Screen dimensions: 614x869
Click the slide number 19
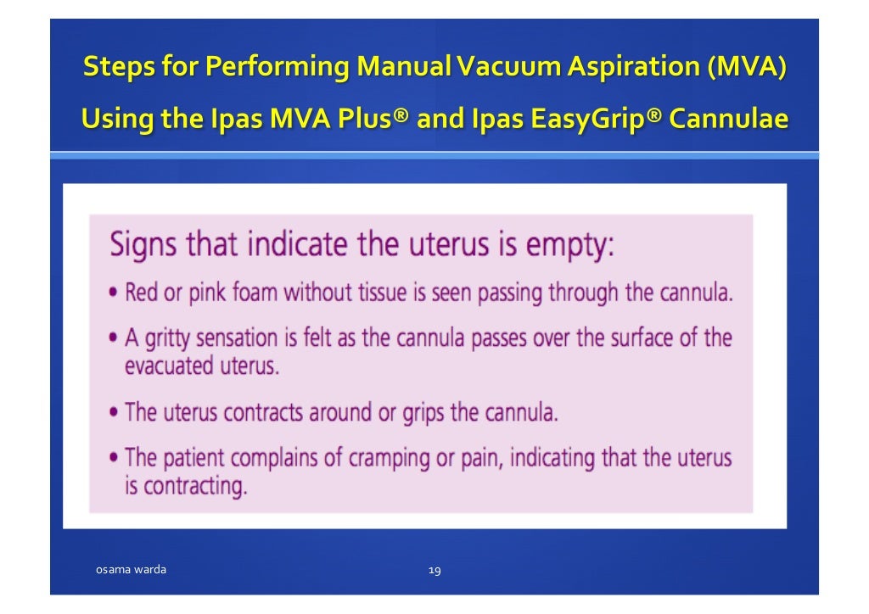[434, 571]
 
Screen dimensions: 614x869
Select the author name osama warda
[130, 570]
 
